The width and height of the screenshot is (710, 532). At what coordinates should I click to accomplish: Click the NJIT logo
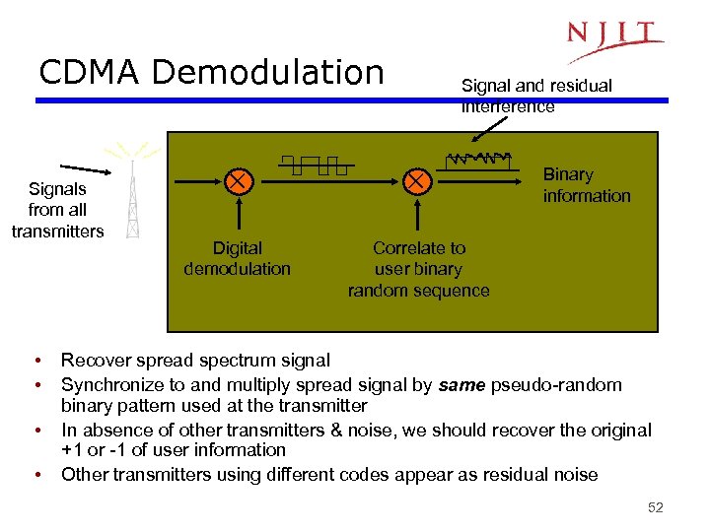(x=613, y=41)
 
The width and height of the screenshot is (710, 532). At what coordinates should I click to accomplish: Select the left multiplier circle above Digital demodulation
(x=237, y=181)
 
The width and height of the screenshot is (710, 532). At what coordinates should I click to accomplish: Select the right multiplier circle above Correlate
(x=417, y=181)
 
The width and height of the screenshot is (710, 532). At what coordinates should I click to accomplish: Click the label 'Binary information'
(x=586, y=185)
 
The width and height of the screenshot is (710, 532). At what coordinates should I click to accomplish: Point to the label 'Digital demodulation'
(x=237, y=258)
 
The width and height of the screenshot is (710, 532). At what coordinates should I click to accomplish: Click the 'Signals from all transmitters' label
(x=57, y=210)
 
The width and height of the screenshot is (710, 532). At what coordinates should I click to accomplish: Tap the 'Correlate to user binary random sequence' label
(x=418, y=269)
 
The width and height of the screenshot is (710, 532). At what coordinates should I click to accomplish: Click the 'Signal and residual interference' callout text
(x=536, y=96)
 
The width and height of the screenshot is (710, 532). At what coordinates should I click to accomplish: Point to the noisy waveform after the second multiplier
(x=478, y=160)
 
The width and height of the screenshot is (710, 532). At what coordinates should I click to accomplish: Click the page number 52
(x=655, y=507)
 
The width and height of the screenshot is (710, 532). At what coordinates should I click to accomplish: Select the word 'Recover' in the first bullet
(x=94, y=361)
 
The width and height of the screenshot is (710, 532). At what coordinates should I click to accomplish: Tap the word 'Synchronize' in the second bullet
(x=110, y=385)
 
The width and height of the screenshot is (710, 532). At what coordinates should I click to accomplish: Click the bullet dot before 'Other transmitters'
(x=35, y=475)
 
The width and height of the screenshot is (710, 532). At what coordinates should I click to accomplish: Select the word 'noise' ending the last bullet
(x=575, y=475)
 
